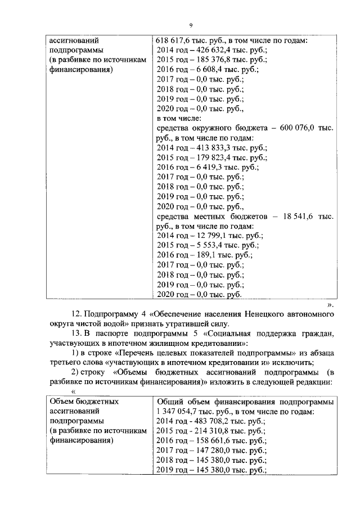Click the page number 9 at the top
pos(191,25)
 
